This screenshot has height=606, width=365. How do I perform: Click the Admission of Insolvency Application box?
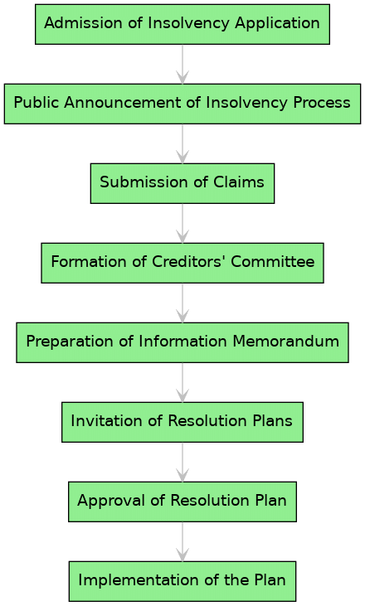182,23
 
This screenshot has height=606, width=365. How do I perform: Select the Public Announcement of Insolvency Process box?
182,103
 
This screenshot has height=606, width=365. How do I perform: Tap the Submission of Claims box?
182,182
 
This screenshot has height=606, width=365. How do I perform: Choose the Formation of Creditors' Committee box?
182,262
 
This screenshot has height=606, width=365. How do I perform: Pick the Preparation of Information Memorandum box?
182,342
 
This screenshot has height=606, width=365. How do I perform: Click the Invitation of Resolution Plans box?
182,421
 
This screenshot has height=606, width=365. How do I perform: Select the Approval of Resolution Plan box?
182,501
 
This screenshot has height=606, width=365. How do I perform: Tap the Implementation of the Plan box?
182,580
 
